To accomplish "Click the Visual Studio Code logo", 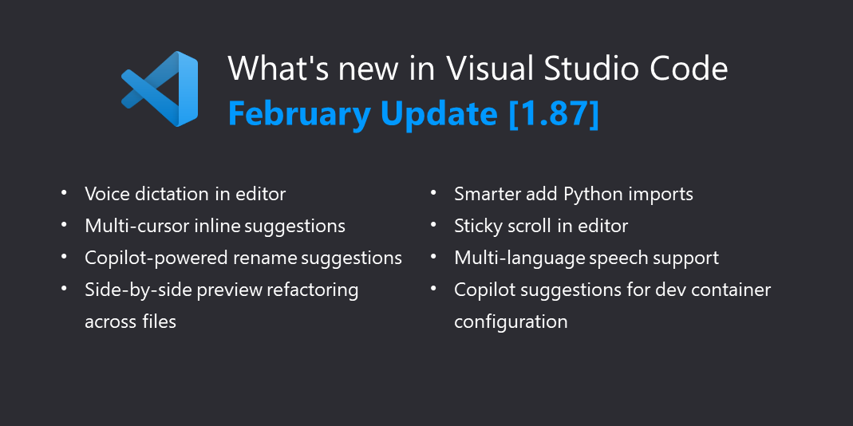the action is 160,89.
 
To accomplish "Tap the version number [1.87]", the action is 554,114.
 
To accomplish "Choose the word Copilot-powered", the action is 156,258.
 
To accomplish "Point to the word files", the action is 160,321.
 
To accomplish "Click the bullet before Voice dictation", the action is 64,192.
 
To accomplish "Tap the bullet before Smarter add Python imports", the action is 433,192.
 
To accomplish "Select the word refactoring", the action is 313,290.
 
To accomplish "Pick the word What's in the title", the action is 275,68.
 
